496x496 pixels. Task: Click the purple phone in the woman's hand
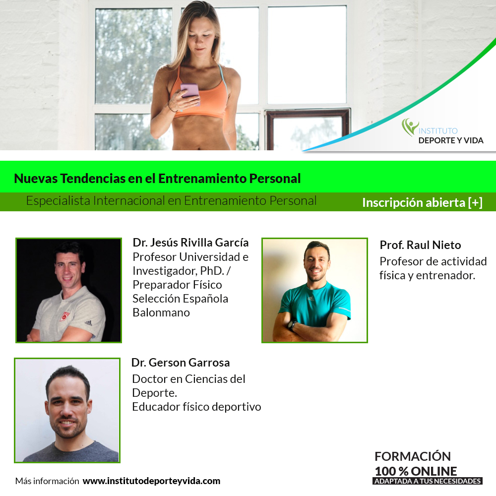pyautogui.click(x=190, y=91)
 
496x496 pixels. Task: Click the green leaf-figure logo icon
pyautogui.click(x=410, y=127)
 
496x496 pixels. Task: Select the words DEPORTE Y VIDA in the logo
pyautogui.click(x=451, y=140)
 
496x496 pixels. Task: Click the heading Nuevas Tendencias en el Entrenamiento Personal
pyautogui.click(x=157, y=179)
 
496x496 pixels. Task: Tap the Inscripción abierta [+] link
pyautogui.click(x=422, y=202)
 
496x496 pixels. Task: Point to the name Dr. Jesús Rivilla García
pyautogui.click(x=190, y=243)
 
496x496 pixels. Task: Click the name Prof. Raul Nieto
pyautogui.click(x=420, y=245)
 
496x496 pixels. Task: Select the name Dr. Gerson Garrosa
pyautogui.click(x=181, y=363)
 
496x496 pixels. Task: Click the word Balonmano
pyautogui.click(x=161, y=312)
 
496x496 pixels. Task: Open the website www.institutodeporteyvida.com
pyautogui.click(x=151, y=481)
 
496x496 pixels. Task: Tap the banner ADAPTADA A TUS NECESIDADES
pyautogui.click(x=428, y=481)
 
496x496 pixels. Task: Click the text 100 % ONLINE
pyautogui.click(x=416, y=471)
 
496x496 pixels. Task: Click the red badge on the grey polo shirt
pyautogui.click(x=65, y=315)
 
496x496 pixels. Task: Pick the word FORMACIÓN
pyautogui.click(x=413, y=456)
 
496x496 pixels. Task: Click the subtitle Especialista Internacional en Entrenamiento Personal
pyautogui.click(x=171, y=201)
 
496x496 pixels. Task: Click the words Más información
pyautogui.click(x=47, y=481)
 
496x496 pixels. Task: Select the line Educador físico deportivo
pyautogui.click(x=196, y=407)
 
